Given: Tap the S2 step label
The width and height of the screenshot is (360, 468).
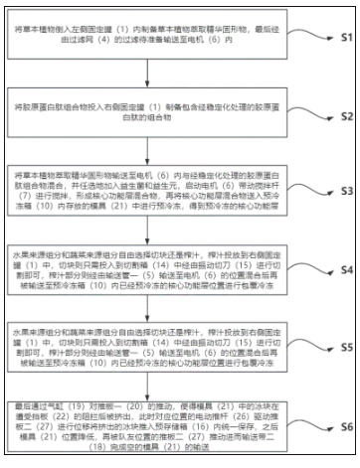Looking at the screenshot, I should [x=339, y=116].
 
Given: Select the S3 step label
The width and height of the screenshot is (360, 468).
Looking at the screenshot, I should [x=339, y=189].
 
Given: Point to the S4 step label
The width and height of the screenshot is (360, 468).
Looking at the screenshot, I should [x=339, y=268].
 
